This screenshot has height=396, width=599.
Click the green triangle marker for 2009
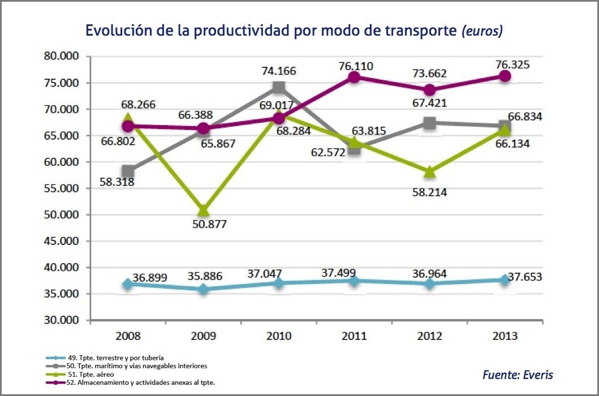point(204,210)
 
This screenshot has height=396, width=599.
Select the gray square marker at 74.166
point(278,87)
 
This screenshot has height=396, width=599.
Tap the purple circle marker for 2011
point(354,77)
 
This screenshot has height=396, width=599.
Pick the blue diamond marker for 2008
point(128,284)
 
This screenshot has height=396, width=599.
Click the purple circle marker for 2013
point(505,76)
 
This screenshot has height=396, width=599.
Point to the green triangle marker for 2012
point(429,171)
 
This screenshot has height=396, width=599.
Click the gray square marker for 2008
point(128,171)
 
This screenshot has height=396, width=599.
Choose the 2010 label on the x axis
point(279,336)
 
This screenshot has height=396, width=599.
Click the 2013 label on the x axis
point(505,336)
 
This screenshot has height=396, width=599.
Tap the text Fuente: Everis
point(518,375)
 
